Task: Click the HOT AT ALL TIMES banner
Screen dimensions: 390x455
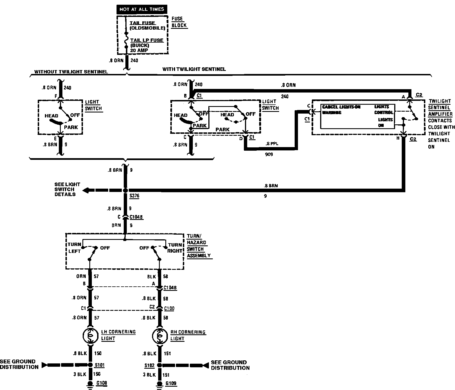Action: [x=142, y=9]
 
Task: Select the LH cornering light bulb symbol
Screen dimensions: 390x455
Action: [x=90, y=336]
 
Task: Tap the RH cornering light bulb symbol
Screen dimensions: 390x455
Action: [x=160, y=336]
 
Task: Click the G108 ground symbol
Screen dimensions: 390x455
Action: [x=90, y=384]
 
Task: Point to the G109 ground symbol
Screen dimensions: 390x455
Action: [x=160, y=384]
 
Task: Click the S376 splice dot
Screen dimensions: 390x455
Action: [x=125, y=191]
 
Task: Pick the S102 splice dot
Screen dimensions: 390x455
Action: [x=160, y=365]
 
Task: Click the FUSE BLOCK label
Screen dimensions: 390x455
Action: [x=179, y=22]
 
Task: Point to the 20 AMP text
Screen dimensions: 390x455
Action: [x=139, y=51]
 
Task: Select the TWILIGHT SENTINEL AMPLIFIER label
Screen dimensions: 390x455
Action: [x=440, y=108]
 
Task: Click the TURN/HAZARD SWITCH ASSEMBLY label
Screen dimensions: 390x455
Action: [x=198, y=246]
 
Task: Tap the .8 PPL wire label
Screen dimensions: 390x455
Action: [x=272, y=144]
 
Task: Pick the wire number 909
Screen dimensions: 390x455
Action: [x=269, y=154]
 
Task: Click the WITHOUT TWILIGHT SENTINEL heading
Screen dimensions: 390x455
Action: [x=71, y=72]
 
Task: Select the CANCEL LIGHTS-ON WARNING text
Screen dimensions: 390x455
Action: [x=341, y=110]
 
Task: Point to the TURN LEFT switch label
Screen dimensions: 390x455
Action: [x=74, y=248]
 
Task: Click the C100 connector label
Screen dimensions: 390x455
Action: [x=169, y=308]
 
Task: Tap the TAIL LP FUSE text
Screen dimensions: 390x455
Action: [x=147, y=40]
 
